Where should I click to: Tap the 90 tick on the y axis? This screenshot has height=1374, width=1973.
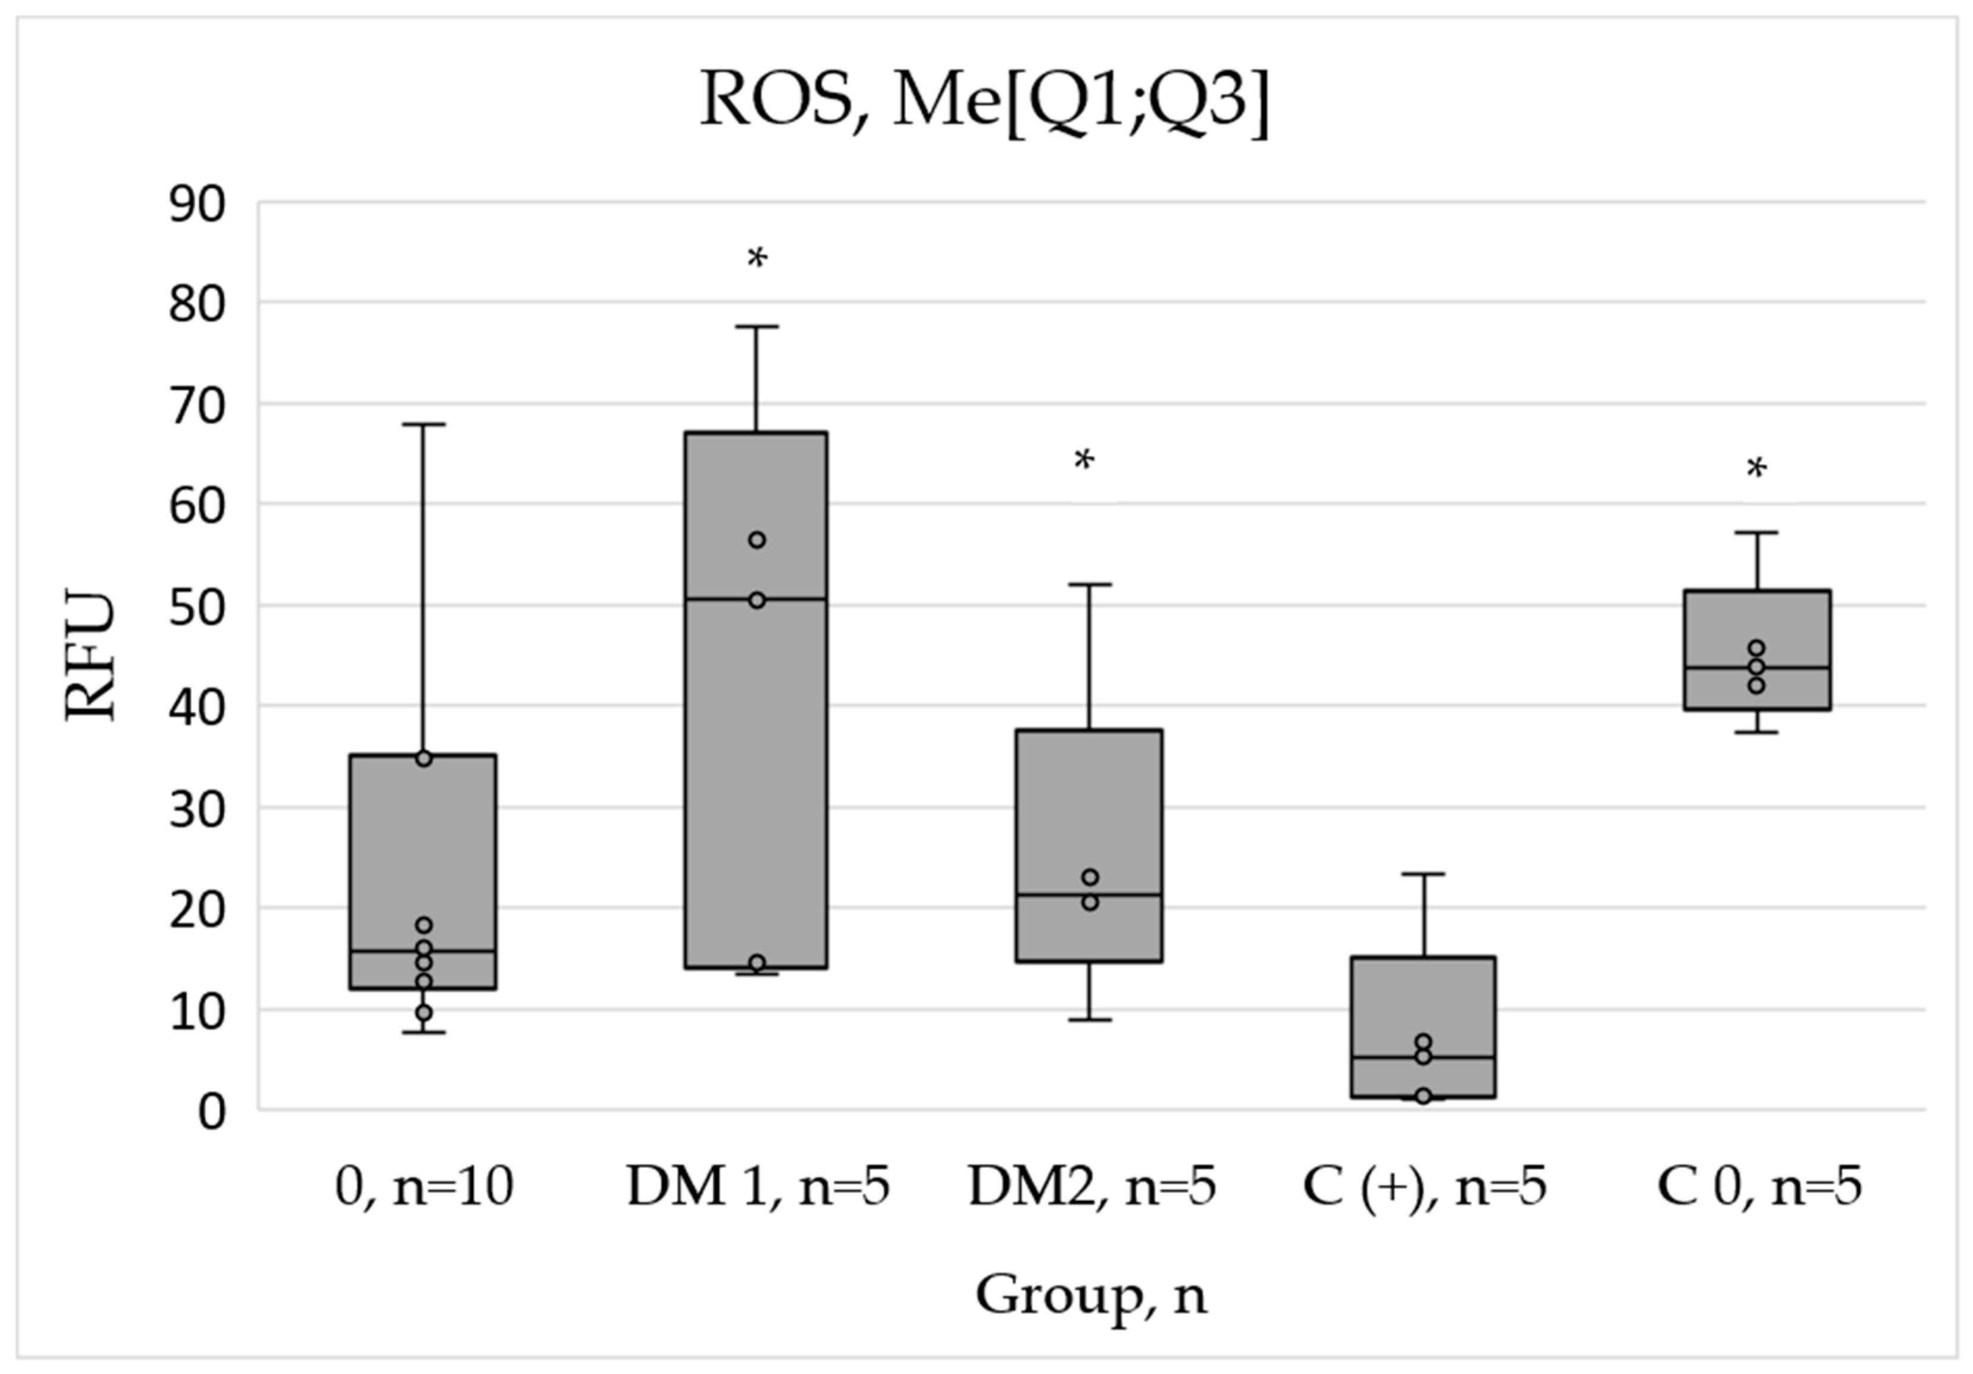198,205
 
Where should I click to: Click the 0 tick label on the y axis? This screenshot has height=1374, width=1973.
211,1111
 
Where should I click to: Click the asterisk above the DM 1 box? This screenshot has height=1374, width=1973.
757,258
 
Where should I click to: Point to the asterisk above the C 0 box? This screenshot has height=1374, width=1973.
1756,469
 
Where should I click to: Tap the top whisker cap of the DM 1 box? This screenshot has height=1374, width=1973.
757,326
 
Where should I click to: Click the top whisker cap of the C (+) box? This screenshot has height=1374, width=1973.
1423,874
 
